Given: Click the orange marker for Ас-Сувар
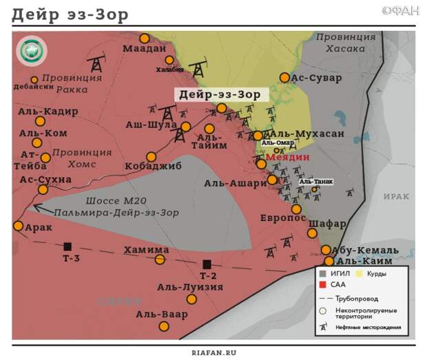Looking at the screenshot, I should (284, 78).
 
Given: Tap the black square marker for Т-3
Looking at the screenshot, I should (67, 246).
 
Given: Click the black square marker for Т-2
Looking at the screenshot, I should (207, 264).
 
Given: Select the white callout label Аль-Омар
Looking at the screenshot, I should (278, 143).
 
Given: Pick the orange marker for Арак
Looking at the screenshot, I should (18, 226).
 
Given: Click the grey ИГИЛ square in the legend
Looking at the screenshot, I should (322, 274).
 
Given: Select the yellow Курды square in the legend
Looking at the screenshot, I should (360, 274).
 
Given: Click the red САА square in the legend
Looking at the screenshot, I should (322, 284).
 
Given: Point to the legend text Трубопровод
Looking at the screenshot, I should (357, 298).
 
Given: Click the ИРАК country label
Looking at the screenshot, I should (397, 196).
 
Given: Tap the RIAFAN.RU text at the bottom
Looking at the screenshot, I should (213, 352).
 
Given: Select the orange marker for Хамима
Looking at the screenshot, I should (160, 260).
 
